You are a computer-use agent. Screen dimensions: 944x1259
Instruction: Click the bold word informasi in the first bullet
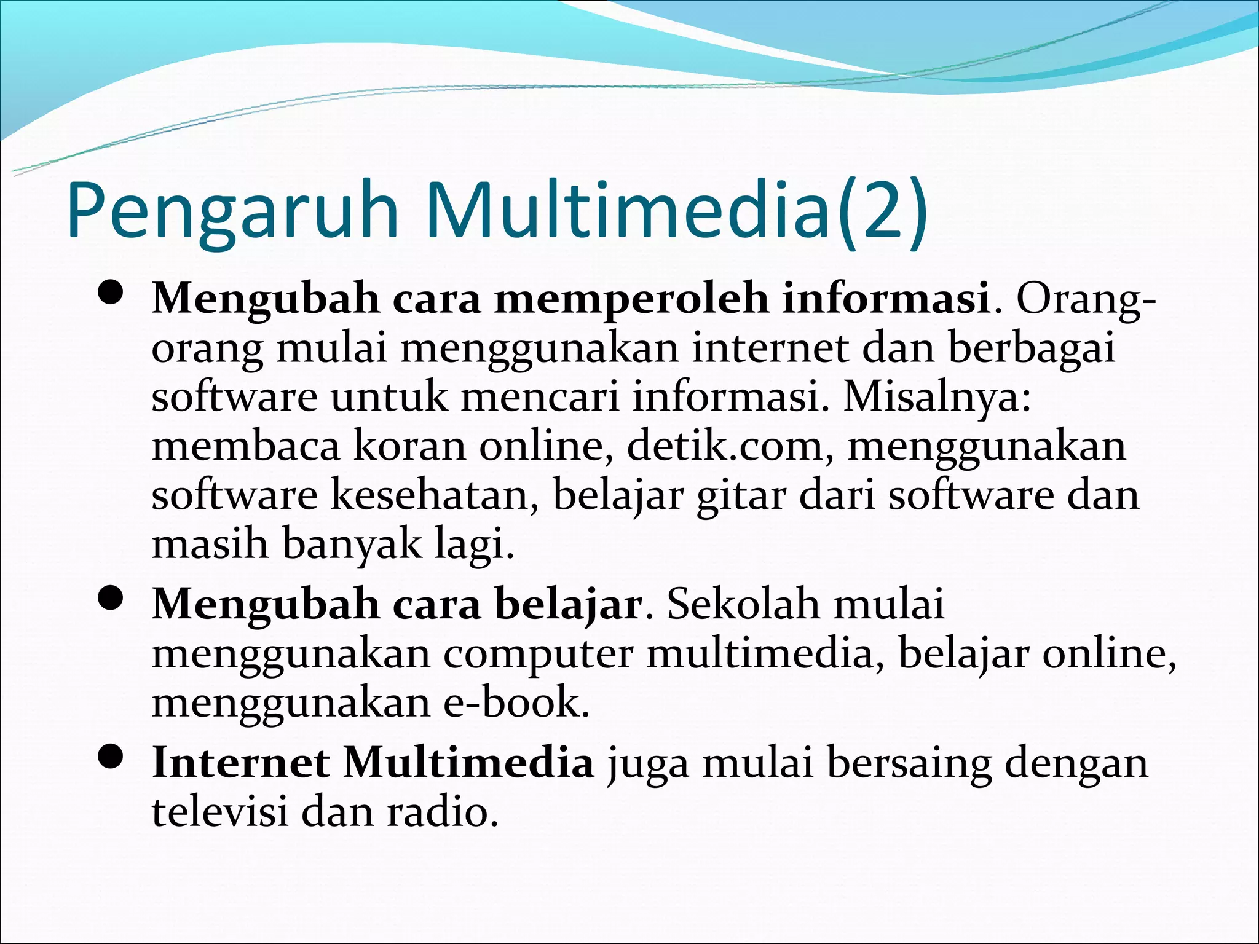pos(885,299)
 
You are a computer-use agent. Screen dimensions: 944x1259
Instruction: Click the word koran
pos(409,446)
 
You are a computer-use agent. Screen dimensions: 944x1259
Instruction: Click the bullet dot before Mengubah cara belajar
pos(111,600)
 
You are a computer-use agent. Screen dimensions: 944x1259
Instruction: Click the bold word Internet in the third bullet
pos(240,763)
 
